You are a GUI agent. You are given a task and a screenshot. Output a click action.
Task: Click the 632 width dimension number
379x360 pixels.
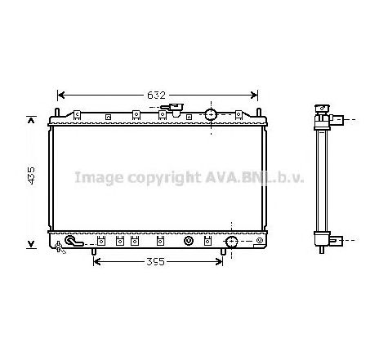coord(156,96)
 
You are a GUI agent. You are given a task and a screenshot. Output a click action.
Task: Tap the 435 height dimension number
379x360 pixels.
coord(32,176)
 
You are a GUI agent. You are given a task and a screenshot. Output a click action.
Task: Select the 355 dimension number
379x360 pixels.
coord(155,262)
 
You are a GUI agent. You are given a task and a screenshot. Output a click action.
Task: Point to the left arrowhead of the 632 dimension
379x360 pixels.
coord(61,96)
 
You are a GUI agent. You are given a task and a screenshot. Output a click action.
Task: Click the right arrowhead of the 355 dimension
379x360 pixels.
coord(219,262)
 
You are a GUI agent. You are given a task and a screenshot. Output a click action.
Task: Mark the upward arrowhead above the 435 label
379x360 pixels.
coord(32,120)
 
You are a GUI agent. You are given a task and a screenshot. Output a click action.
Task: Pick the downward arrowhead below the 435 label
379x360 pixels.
coord(32,244)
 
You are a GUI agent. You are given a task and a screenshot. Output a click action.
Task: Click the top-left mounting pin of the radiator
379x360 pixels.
coord(57,113)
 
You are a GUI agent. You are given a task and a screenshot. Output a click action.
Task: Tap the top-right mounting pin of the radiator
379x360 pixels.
coord(259,113)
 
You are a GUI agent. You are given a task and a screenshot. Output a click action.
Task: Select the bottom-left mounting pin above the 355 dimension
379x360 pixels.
coord(94,251)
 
